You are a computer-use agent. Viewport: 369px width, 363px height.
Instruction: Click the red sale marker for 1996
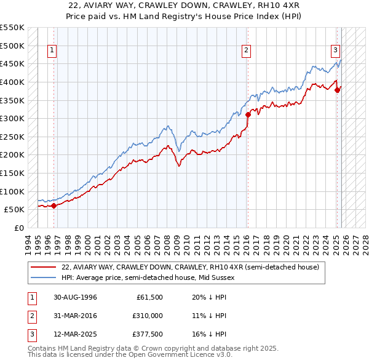tap(54, 205)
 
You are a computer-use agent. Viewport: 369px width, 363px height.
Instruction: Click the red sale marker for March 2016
tap(248, 114)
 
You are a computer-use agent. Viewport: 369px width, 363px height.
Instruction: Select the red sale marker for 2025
tap(337, 90)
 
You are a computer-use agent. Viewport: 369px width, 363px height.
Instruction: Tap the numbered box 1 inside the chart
tap(52, 50)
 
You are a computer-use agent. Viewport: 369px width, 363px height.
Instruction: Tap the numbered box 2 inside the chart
tap(246, 50)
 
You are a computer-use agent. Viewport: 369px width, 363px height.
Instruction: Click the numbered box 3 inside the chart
tap(336, 50)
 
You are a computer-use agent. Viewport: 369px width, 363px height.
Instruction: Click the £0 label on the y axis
tap(19, 228)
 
